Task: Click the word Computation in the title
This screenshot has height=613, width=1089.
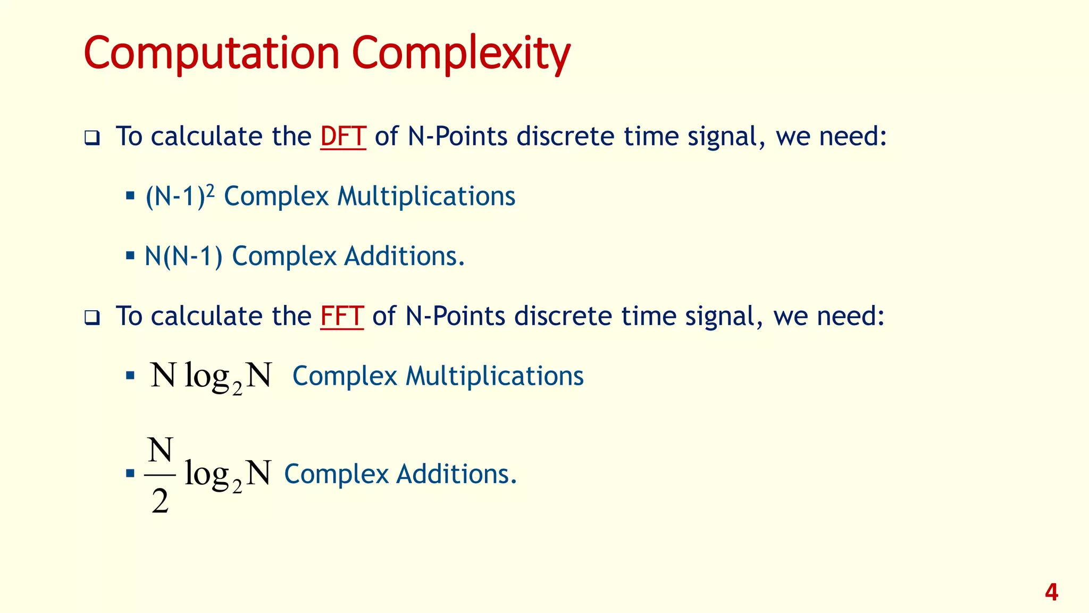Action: tap(212, 54)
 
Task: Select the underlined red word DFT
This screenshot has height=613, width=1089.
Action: tap(343, 136)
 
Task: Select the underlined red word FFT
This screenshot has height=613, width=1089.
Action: tap(342, 316)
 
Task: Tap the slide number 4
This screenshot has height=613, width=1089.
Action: tap(1051, 592)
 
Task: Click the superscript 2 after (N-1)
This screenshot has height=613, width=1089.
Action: tap(210, 190)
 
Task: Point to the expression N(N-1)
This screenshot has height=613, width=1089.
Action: tap(183, 256)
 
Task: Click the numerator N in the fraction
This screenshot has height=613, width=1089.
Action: tap(160, 451)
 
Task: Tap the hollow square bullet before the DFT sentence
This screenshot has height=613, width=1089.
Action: tap(92, 138)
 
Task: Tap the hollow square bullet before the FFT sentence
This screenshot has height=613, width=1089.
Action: tap(92, 318)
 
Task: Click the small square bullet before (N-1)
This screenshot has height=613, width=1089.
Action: tap(130, 196)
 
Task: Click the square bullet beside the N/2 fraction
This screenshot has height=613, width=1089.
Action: tap(130, 473)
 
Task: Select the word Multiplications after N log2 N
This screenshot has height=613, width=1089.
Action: tap(495, 376)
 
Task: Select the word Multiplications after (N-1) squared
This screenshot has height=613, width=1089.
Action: tap(426, 196)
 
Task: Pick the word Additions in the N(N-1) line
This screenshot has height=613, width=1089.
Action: tap(404, 256)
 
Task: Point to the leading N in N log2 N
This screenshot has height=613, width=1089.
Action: tap(163, 375)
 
